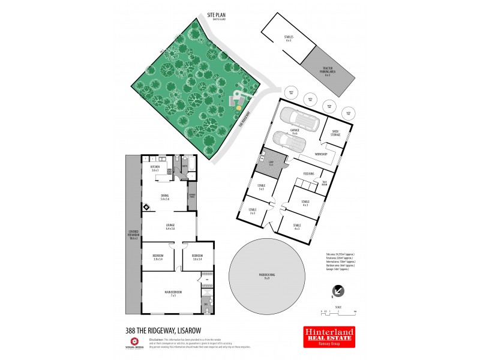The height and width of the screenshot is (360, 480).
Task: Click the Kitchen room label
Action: click(x=155, y=168)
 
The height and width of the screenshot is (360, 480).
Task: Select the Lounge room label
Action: click(x=170, y=227)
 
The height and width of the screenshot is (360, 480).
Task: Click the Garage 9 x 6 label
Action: click(x=295, y=131)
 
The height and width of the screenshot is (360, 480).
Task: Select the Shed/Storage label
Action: click(x=335, y=134)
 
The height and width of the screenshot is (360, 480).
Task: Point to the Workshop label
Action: click(x=320, y=154)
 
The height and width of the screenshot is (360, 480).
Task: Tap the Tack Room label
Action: click(x=325, y=183)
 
